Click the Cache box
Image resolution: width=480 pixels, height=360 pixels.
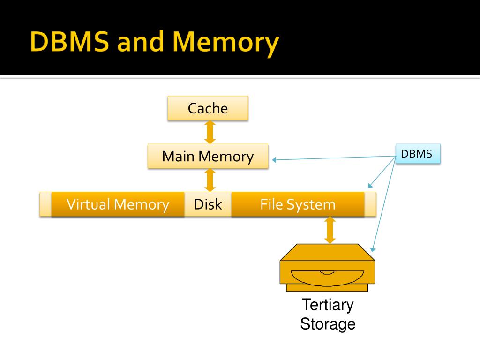point(208,108)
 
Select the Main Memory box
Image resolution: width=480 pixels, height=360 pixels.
point(208,156)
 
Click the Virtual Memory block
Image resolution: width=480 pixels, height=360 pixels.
point(118,204)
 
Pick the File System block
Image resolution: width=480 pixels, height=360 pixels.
point(298,204)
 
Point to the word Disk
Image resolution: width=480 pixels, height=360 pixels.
point(208,204)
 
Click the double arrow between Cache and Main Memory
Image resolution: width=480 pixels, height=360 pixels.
point(210,132)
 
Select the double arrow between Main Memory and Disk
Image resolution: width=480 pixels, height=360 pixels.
point(210,180)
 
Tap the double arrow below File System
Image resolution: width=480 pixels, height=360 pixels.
point(330,230)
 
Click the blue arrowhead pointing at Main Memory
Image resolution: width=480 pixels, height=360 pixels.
point(275,160)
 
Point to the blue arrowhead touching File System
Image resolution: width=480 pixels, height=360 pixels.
point(369,185)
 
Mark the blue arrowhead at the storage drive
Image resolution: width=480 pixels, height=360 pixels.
point(373,248)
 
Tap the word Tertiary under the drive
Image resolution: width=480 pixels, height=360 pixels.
point(327,305)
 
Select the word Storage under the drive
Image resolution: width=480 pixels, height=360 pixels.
point(327,324)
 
